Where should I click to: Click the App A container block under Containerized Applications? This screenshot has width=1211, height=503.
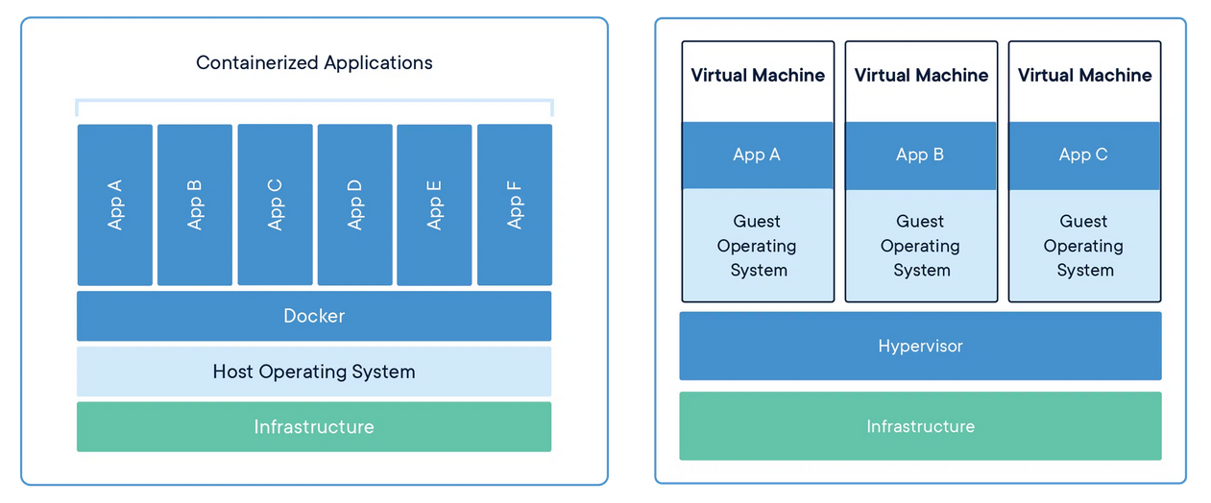pos(114,204)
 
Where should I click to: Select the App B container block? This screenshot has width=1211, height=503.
pos(194,204)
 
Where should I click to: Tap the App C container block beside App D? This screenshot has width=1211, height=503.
pos(275,204)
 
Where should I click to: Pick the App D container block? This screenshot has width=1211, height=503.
pos(354,204)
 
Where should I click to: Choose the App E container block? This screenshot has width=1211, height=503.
pos(434,204)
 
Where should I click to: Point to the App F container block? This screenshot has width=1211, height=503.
pos(514,204)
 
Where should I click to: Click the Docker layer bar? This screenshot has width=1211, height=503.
pos(314,316)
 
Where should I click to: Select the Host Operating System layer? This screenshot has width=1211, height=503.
pos(314,371)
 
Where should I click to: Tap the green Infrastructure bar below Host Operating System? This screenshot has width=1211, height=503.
pos(314,426)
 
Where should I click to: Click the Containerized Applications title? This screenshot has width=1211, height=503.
pos(314,63)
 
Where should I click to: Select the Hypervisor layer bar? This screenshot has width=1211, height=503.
pos(920,346)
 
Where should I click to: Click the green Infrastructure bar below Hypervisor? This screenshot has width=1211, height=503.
pos(920,426)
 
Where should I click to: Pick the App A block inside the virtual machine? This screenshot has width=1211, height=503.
pos(758,155)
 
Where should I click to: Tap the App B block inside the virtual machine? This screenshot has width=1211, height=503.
pos(921,155)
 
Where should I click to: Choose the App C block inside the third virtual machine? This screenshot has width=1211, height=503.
pos(1084,155)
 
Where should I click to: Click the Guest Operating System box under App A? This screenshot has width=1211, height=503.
pos(758,245)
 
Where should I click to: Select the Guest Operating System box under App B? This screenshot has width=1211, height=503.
pos(921,245)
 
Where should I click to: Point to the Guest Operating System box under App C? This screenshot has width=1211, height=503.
pos(1084,245)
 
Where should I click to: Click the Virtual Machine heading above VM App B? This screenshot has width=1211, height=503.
pos(921,76)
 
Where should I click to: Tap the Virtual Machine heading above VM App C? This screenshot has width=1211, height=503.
pos(1084,76)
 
